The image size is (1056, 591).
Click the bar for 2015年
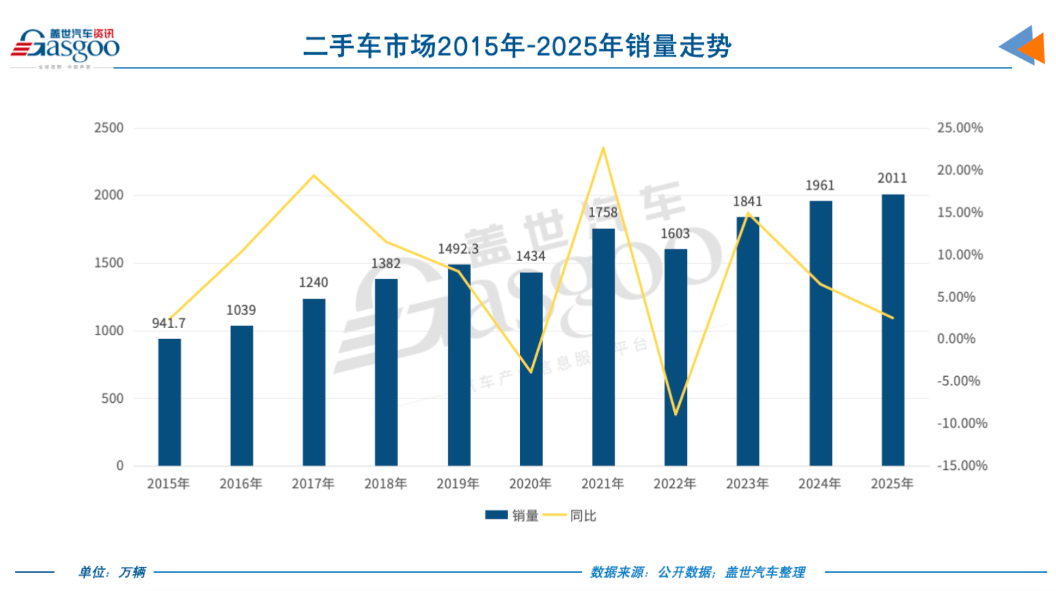(x=169, y=402)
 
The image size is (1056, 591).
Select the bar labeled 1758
(x=604, y=348)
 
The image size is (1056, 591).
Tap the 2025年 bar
(x=893, y=330)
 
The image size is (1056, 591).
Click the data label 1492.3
(x=458, y=249)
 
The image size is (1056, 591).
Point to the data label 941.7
(x=169, y=323)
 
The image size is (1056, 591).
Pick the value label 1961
(x=820, y=186)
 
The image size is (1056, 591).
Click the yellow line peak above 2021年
(x=604, y=148)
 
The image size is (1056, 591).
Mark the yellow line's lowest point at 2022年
(x=676, y=414)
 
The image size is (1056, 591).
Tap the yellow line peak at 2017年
(x=314, y=176)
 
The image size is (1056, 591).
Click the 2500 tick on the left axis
(x=109, y=128)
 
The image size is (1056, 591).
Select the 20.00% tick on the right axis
(x=960, y=170)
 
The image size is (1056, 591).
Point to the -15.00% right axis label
(x=962, y=465)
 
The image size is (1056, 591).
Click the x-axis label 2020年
(x=530, y=484)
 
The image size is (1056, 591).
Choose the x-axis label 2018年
(x=385, y=484)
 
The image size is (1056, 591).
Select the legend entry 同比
(x=571, y=515)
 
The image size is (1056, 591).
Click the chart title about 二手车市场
(x=518, y=46)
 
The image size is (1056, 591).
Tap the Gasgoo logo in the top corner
(x=65, y=47)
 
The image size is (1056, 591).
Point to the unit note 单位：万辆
(x=112, y=572)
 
